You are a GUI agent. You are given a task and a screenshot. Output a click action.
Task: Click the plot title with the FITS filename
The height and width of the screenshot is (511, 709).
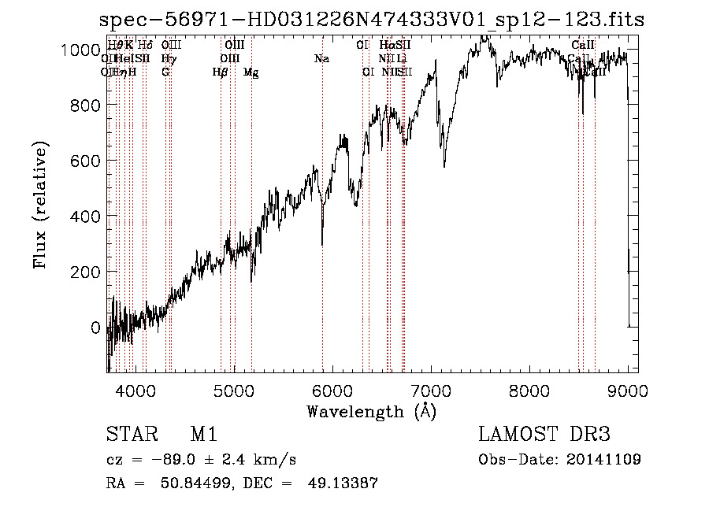click(371, 20)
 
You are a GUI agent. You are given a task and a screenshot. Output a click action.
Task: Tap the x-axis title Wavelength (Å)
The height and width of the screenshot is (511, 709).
click(371, 411)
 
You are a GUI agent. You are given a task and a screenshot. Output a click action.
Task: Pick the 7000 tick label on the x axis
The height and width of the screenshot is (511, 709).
click(431, 390)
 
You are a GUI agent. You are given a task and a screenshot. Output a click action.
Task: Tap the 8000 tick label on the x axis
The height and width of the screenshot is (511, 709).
click(529, 390)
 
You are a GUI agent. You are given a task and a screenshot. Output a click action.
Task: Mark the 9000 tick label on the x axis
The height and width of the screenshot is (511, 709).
click(628, 390)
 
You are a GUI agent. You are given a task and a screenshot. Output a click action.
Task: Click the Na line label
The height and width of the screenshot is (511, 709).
click(321, 58)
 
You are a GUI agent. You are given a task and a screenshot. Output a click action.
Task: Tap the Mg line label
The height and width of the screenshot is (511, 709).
click(251, 72)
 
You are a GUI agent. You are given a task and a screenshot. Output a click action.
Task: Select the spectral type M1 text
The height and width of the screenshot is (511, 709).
click(203, 435)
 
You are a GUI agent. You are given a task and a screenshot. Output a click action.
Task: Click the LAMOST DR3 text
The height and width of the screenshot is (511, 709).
click(544, 435)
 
